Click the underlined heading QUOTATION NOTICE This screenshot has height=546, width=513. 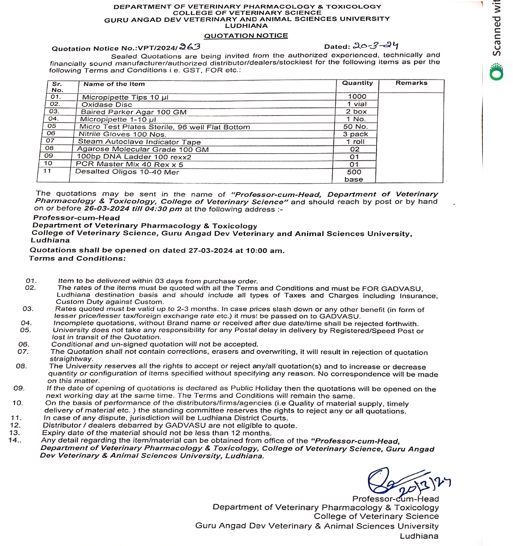click(x=246, y=36)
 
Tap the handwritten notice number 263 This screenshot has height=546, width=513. click(x=190, y=47)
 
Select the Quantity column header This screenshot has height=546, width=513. click(x=357, y=83)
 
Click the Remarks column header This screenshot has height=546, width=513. click(x=411, y=83)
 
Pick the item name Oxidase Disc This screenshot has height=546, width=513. click(x=107, y=104)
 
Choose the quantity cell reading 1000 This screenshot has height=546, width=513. click(x=357, y=97)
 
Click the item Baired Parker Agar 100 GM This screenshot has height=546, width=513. click(x=134, y=112)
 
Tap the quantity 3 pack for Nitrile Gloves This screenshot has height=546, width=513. click(x=355, y=134)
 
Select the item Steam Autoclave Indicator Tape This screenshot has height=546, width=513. click(x=139, y=142)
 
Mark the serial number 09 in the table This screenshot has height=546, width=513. click(x=48, y=155)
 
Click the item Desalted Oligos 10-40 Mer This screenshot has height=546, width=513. click(x=127, y=172)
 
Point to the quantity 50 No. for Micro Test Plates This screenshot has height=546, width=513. click(x=355, y=127)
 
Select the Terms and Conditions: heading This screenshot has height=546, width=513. click(x=77, y=259)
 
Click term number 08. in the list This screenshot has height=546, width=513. click(x=22, y=366)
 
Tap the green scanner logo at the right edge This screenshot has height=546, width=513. click(x=496, y=72)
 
